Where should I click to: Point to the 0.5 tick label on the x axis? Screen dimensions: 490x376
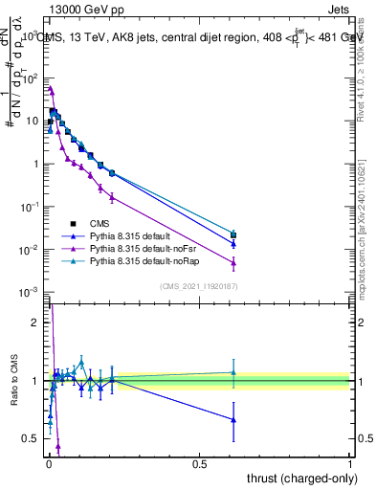click(x=199, y=464)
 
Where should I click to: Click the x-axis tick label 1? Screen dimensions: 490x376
click(x=350, y=464)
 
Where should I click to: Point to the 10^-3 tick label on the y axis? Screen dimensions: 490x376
click(x=30, y=292)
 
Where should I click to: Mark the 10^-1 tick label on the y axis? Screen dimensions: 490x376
click(x=30, y=207)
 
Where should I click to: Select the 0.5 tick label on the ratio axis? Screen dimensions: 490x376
click(x=32, y=438)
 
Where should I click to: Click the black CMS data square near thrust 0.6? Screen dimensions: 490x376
click(x=232, y=235)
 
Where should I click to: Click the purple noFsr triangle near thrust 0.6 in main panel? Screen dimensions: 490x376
click(x=232, y=262)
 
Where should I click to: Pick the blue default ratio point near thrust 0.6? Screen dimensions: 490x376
click(x=232, y=419)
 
